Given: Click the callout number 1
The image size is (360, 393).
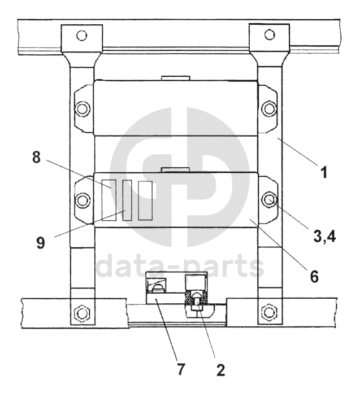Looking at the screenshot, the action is (x=324, y=173).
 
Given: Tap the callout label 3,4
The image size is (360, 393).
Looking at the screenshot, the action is (x=324, y=237).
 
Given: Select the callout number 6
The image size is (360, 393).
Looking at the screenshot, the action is (x=314, y=276).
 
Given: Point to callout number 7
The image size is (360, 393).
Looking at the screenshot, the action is (x=181, y=369).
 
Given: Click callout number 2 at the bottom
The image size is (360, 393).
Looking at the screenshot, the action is (x=220, y=370).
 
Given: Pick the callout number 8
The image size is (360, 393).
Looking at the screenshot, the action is (x=36, y=158).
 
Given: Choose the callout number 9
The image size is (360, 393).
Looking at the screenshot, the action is (x=41, y=243).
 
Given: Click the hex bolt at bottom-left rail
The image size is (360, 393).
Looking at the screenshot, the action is (x=82, y=313).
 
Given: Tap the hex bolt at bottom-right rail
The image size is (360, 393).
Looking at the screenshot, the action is (x=269, y=312).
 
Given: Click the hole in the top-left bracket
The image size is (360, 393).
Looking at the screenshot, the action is (x=82, y=36).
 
